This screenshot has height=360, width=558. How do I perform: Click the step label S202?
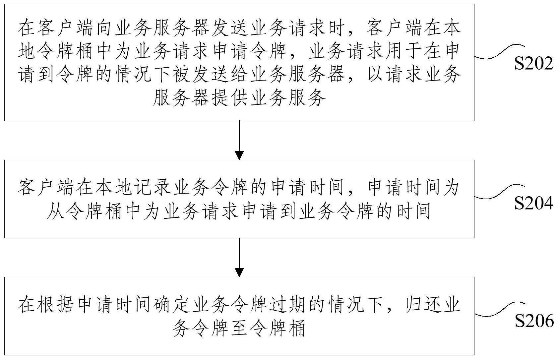(x=533, y=64)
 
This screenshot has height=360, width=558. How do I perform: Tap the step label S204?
(x=533, y=203)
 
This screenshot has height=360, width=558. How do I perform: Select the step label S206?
(x=534, y=321)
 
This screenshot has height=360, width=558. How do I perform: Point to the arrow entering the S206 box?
(x=239, y=257)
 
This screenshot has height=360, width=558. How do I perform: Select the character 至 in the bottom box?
(x=239, y=329)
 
